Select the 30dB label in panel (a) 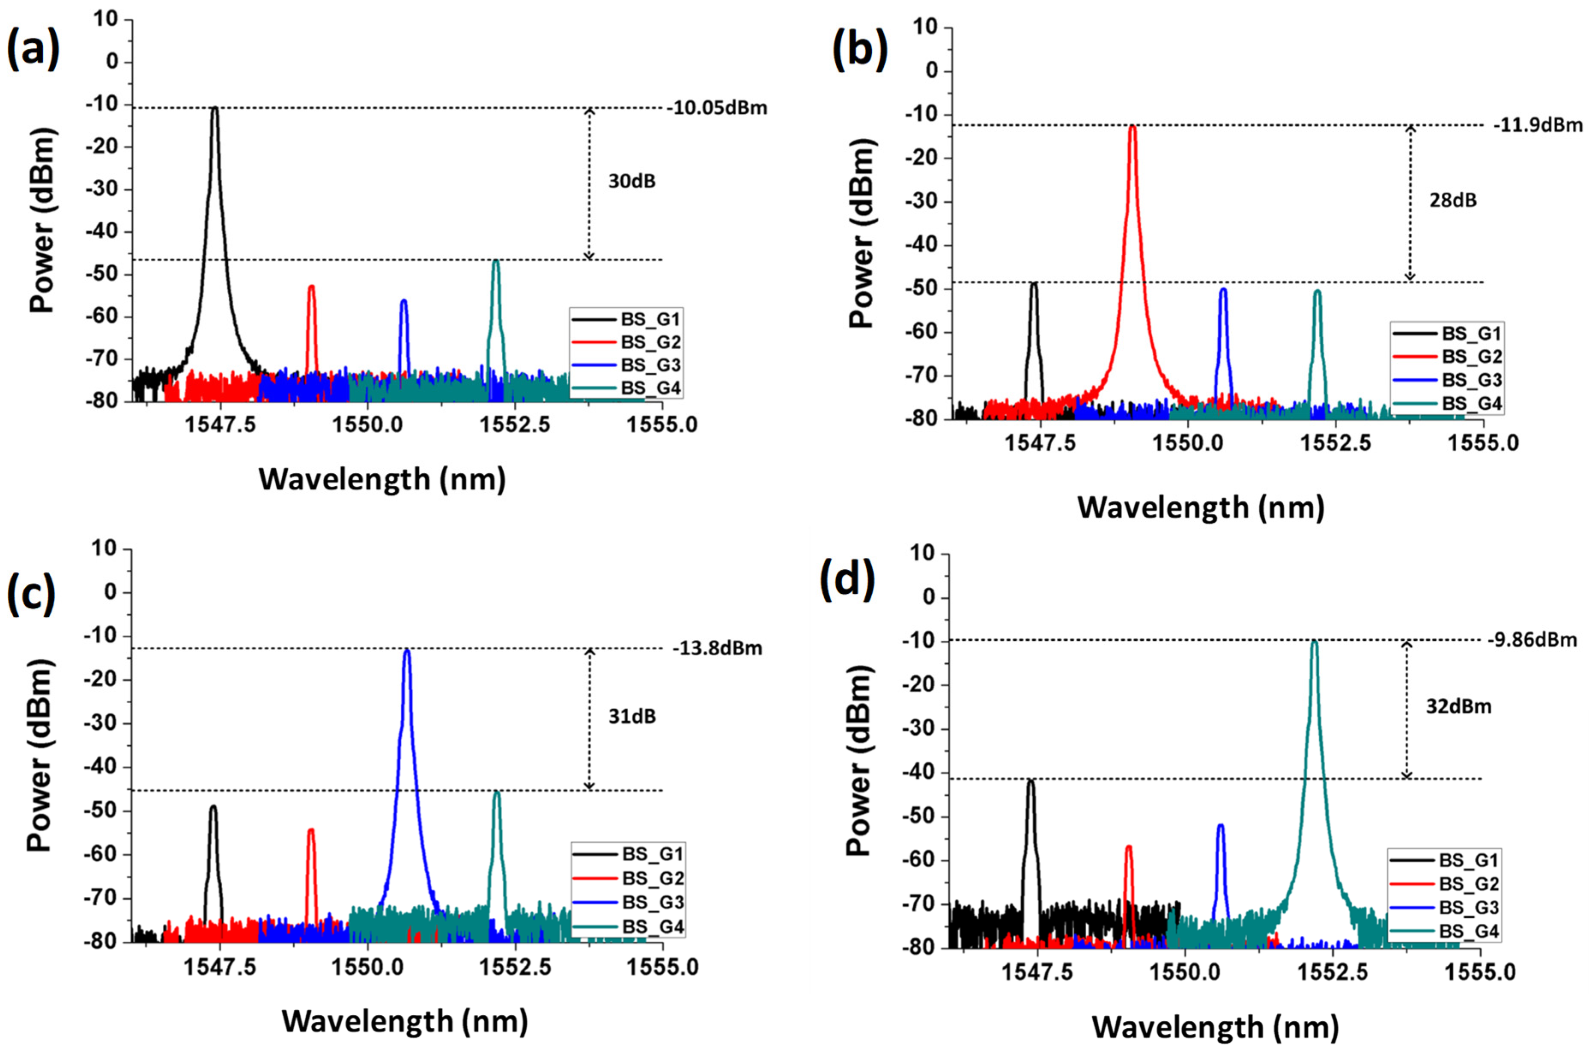pos(631,181)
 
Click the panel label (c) pos(31,594)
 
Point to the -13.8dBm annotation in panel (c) pos(717,648)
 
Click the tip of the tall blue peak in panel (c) pos(407,651)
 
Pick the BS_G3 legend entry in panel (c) pos(652,902)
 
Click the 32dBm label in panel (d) pos(1458,706)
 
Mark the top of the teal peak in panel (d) pos(1314,642)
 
